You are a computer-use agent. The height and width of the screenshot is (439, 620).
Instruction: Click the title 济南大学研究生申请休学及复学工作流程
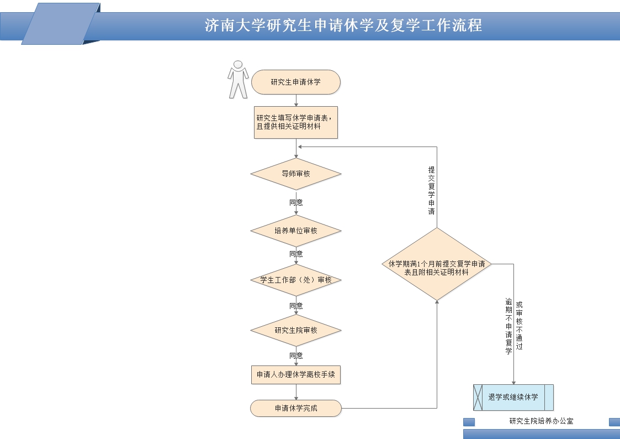click(343, 25)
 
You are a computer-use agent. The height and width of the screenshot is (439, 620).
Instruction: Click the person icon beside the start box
click(238, 80)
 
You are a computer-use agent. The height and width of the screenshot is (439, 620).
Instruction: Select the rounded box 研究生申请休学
click(296, 82)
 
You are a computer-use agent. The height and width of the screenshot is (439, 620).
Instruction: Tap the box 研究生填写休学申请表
click(296, 122)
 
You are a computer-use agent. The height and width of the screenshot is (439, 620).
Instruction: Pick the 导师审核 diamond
click(296, 174)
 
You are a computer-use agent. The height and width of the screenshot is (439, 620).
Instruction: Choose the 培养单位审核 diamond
click(296, 231)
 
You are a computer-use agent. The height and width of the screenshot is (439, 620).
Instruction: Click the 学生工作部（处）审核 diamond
click(296, 280)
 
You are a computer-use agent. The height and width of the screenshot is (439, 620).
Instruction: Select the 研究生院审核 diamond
click(296, 331)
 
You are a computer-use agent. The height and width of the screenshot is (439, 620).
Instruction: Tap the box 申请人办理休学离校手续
click(296, 374)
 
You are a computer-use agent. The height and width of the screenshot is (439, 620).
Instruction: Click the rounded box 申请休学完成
click(296, 409)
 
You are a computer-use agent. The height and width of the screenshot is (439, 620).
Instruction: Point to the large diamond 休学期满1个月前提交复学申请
click(437, 264)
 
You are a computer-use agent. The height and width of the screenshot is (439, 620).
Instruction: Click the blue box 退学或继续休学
click(513, 398)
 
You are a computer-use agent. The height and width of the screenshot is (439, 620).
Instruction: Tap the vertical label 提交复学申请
click(432, 191)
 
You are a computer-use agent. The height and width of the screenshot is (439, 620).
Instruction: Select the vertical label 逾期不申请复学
click(509, 326)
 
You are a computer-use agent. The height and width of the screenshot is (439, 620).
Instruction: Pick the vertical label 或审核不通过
click(520, 326)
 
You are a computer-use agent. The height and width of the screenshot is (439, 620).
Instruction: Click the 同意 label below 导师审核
click(296, 202)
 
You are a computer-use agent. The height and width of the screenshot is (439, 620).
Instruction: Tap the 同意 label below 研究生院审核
click(296, 356)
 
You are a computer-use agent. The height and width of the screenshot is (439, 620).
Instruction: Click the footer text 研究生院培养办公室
click(541, 421)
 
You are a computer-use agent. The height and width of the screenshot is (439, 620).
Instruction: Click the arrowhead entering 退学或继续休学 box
click(514, 382)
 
